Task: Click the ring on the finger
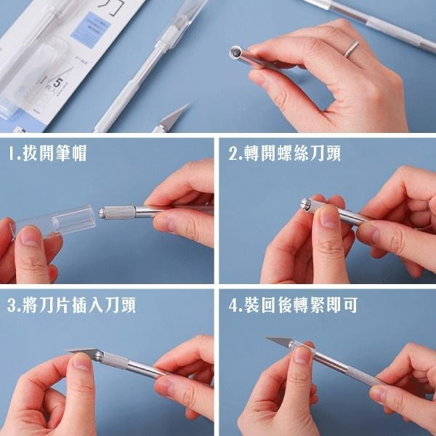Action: [351, 49]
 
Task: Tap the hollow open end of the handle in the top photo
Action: [236, 52]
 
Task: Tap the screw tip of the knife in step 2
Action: [302, 205]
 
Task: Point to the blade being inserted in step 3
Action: [85, 354]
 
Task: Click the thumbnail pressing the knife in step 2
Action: [329, 217]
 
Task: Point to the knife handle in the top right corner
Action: [378, 22]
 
